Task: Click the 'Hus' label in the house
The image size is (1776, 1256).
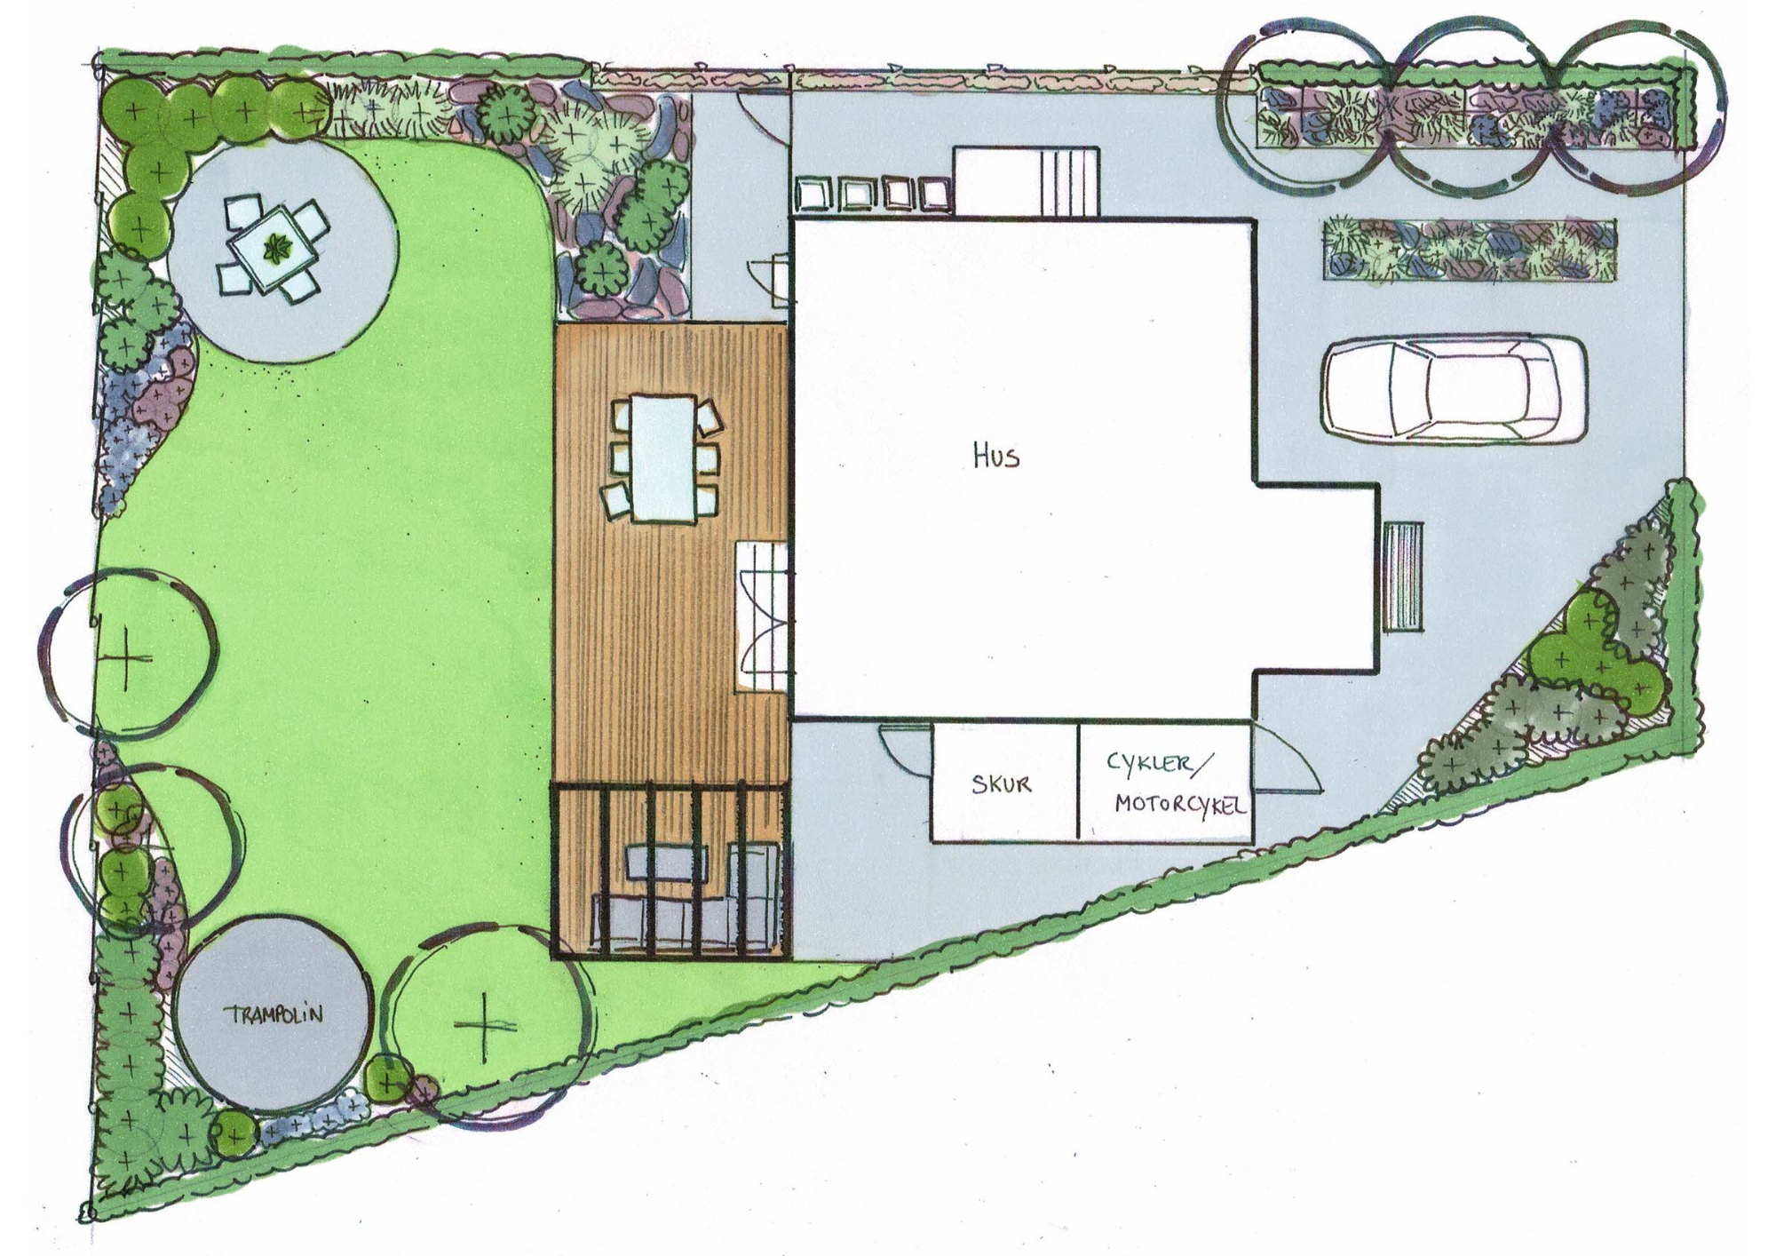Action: click(x=996, y=457)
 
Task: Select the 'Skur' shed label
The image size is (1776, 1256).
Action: click(x=1001, y=783)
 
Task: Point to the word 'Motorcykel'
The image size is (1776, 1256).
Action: click(x=1180, y=805)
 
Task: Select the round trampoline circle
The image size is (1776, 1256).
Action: click(x=273, y=1013)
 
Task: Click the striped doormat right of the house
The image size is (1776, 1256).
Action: click(x=1403, y=576)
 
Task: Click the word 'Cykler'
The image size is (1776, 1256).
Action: click(x=1150, y=764)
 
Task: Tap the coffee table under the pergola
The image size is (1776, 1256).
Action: click(x=667, y=863)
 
